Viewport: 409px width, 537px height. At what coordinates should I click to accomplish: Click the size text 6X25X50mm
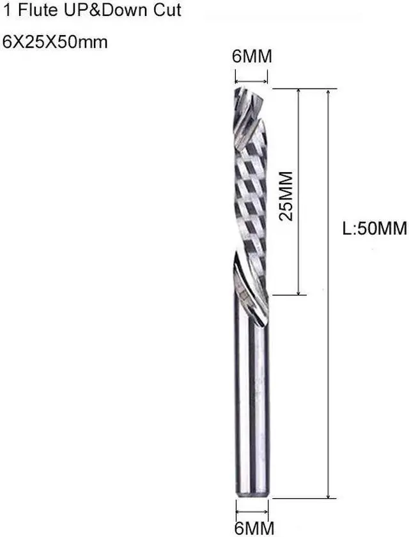(x=55, y=42)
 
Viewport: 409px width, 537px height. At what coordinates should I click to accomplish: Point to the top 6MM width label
(x=251, y=57)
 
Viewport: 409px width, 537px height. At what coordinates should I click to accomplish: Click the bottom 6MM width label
(x=253, y=528)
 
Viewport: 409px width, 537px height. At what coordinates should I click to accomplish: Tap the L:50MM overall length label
(x=374, y=228)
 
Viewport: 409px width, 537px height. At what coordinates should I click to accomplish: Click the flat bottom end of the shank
(x=252, y=495)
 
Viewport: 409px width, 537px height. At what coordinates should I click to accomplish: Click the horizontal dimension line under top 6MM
(x=251, y=81)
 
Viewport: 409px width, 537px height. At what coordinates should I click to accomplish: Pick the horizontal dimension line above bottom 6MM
(x=252, y=510)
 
